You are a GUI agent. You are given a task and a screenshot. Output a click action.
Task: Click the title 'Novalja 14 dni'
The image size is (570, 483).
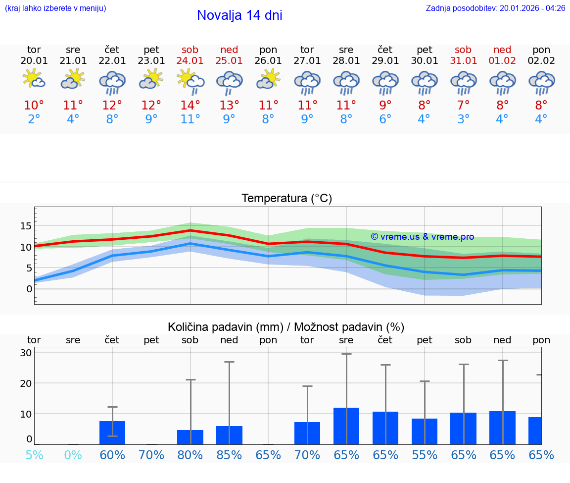[239, 15]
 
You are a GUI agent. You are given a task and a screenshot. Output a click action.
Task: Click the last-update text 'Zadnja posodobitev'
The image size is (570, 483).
[495, 8]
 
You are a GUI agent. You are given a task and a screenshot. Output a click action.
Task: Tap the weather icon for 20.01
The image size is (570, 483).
[34, 79]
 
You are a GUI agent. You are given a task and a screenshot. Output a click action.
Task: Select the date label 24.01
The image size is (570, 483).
[190, 61]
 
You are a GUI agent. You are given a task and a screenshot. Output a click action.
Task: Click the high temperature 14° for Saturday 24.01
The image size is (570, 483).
[190, 106]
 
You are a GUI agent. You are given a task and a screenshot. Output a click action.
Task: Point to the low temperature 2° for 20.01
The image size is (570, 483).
[34, 119]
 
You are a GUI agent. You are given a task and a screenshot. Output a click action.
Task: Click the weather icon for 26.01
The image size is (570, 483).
[268, 79]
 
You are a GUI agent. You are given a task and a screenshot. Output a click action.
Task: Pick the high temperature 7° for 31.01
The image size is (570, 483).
[464, 106]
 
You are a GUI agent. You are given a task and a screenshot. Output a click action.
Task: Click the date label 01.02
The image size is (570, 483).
[502, 61]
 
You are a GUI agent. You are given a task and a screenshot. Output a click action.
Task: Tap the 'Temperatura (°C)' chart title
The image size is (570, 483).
[286, 199]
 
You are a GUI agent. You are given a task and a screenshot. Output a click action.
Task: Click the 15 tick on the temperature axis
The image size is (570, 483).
[26, 226]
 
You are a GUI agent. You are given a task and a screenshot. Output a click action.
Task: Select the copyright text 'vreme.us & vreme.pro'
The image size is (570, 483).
[422, 237]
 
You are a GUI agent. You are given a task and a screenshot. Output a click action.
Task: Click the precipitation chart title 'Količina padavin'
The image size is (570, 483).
[286, 327]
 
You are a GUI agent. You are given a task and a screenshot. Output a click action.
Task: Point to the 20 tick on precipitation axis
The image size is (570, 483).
[26, 383]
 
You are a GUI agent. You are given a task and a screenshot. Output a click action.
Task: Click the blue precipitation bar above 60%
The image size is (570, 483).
[112, 432]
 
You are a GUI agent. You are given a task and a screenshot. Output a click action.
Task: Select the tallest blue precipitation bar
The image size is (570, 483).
[346, 426]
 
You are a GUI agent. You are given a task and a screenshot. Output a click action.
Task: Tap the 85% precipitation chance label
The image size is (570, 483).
[229, 455]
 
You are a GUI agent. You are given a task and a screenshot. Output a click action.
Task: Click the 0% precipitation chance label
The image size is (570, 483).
[73, 455]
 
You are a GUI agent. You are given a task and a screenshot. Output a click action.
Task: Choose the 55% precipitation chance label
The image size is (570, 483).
[425, 455]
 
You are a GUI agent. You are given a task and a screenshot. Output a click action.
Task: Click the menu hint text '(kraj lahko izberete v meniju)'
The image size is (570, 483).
[55, 8]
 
